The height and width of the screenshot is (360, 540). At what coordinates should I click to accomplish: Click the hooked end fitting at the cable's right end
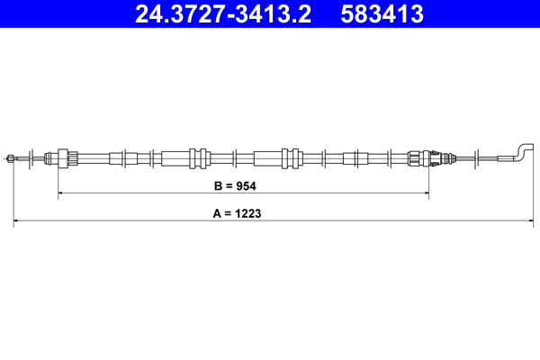pos(519,152)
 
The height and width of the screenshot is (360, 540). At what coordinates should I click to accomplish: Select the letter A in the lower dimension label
pos(217,215)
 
